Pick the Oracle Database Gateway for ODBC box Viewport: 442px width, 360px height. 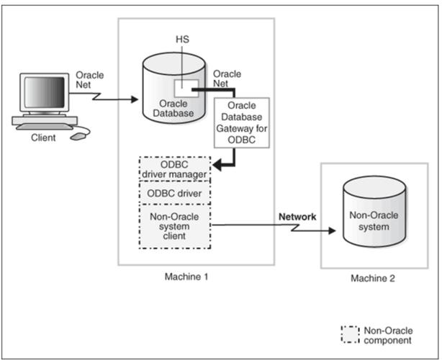[241, 123]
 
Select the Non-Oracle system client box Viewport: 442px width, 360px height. [175, 225]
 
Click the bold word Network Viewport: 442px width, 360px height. [296, 216]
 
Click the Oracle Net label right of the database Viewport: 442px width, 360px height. [227, 78]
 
